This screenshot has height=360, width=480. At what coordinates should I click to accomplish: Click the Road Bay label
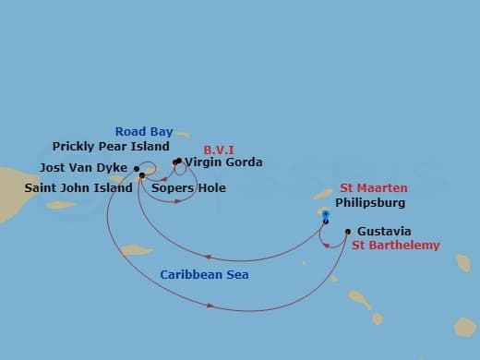tap(143, 132)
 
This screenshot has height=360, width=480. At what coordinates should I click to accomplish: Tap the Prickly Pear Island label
tap(111, 147)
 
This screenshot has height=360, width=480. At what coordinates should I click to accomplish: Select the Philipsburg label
tap(370, 202)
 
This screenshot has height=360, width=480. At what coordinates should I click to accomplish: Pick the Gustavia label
tap(382, 231)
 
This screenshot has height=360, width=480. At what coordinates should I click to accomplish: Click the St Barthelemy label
tap(395, 246)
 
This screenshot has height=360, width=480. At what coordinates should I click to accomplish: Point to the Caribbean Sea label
tap(204, 275)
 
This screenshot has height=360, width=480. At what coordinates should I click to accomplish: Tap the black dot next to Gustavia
tap(347, 232)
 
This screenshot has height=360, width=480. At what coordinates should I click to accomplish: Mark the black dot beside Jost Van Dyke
tap(138, 168)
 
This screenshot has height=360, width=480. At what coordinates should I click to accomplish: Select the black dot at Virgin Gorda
tap(176, 162)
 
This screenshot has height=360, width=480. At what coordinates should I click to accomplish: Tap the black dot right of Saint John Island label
tap(141, 175)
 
